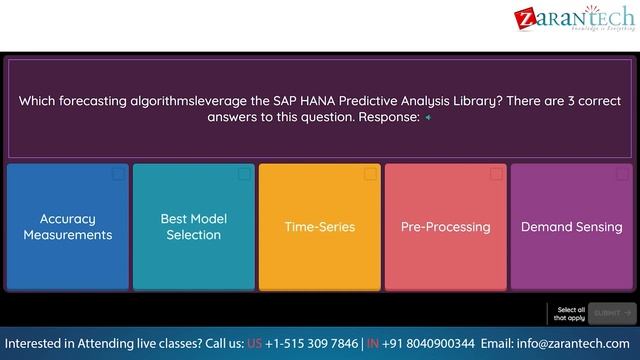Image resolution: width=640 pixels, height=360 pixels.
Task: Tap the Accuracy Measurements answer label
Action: pyautogui.click(x=68, y=227)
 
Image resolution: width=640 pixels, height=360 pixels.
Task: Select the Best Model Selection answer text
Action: pyautogui.click(x=194, y=227)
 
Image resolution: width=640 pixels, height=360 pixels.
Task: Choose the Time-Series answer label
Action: pyautogui.click(x=320, y=227)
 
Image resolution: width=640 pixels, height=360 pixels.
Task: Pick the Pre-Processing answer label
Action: pyautogui.click(x=445, y=227)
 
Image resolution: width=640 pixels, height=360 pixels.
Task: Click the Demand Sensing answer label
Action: pyautogui.click(x=572, y=227)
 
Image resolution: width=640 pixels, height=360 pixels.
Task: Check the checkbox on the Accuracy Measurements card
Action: pyautogui.click(x=119, y=174)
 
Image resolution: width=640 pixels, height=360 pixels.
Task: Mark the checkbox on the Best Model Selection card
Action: pyautogui.click(x=245, y=174)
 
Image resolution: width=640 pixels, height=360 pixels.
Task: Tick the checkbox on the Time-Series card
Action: pyautogui.click(x=371, y=174)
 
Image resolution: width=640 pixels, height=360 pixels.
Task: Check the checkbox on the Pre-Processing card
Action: pyautogui.click(x=497, y=174)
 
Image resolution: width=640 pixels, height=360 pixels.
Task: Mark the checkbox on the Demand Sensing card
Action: pyautogui.click(x=623, y=174)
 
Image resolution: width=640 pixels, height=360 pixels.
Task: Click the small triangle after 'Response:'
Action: pyautogui.click(x=428, y=117)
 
